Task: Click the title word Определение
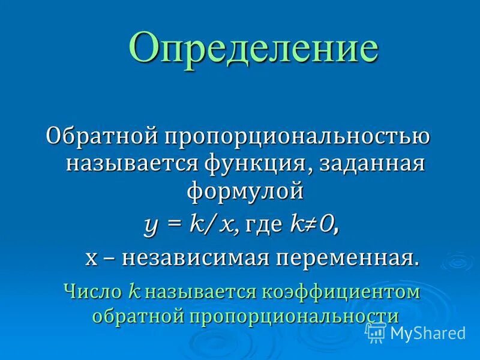coord(253,49)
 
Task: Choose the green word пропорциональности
coord(295,316)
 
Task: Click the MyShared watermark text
coord(428,332)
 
